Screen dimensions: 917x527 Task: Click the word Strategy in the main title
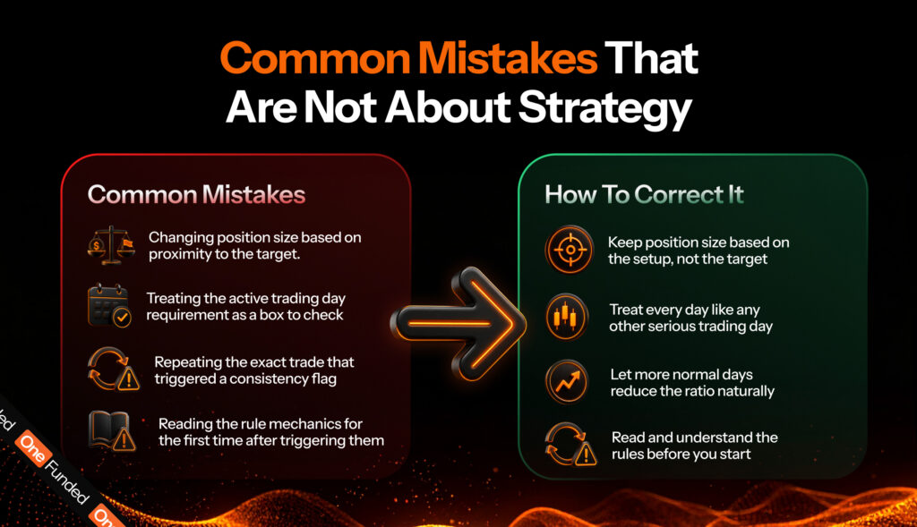604,109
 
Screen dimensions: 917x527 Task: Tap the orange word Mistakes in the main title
508,58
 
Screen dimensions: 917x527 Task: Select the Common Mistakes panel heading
196,194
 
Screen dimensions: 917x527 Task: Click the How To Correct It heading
644,194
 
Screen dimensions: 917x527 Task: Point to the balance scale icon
111,245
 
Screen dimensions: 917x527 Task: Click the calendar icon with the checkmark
109,306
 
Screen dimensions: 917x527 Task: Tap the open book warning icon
112,431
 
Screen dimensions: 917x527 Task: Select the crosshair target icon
570,250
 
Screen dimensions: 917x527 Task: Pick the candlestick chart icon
566,318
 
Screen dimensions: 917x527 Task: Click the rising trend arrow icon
567,382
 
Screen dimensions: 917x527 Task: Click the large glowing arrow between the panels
458,324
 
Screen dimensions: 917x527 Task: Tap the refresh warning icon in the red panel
114,370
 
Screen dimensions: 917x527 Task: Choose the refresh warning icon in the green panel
570,444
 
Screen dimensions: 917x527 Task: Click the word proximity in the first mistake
176,255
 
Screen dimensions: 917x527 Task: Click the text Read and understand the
695,438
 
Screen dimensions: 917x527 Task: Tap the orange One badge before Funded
33,448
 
